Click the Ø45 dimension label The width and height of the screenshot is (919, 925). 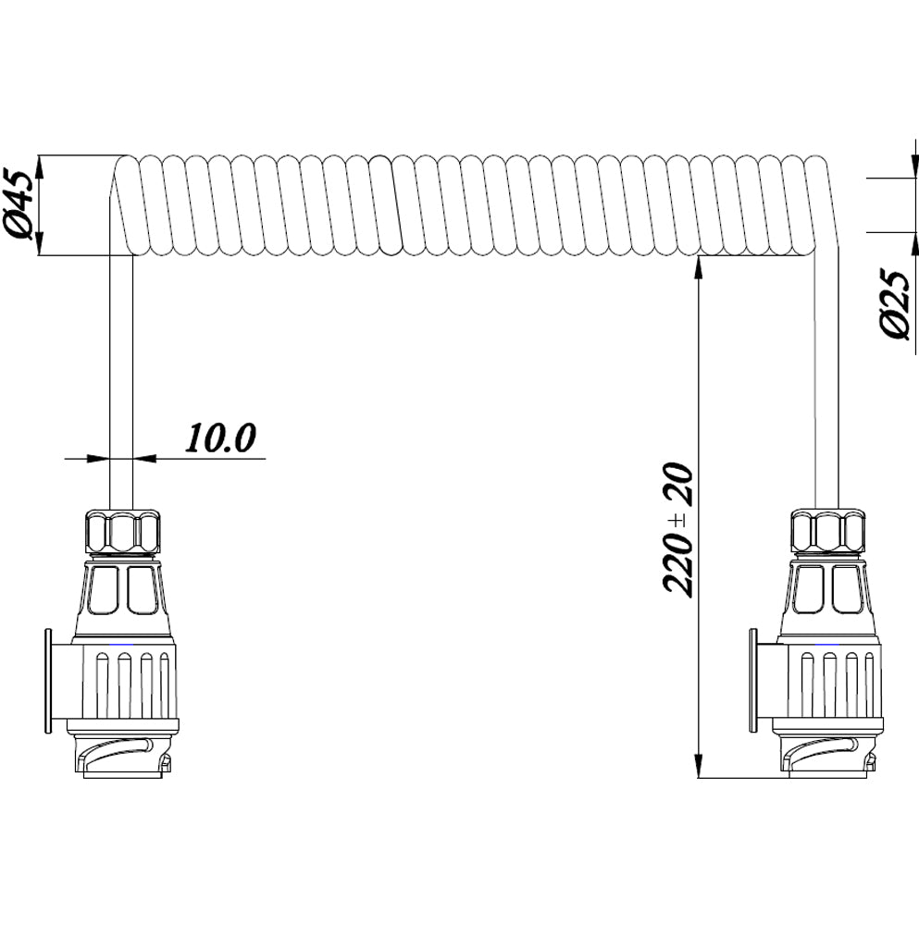point(20,204)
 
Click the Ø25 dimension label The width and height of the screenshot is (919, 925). point(896,304)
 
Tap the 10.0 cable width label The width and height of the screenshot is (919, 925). point(220,438)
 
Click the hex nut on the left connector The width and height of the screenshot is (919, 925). point(121,532)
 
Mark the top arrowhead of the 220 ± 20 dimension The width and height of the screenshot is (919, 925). point(698,267)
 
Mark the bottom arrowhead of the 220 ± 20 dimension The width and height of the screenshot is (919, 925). point(698,768)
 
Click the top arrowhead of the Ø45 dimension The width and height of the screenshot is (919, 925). point(39,166)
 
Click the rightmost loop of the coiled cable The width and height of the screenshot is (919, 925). point(816,204)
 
